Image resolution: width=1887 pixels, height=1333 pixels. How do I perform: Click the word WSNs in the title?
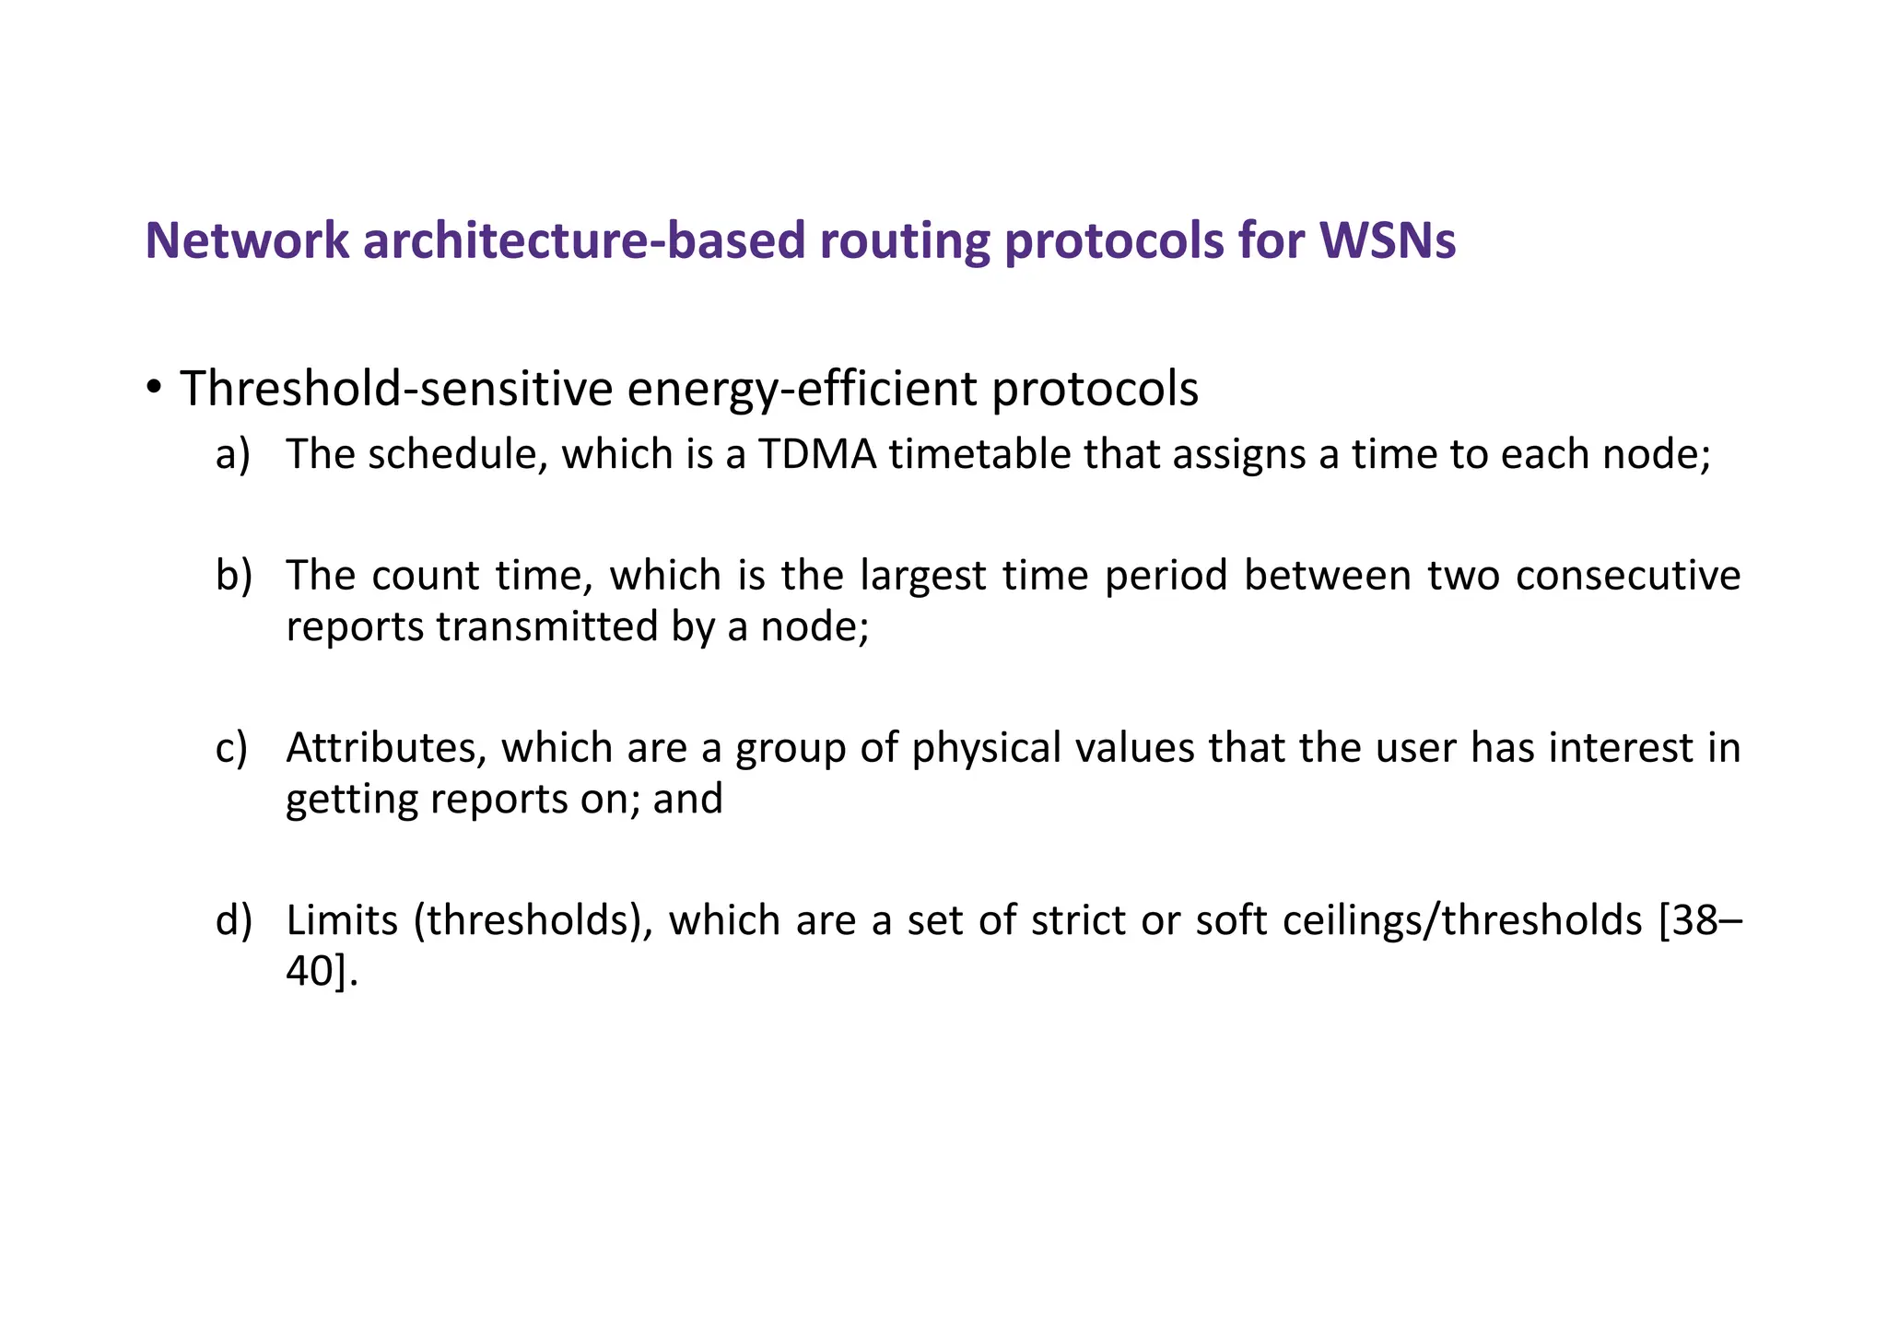click(x=1388, y=240)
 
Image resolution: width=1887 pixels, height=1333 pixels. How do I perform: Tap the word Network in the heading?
click(x=247, y=240)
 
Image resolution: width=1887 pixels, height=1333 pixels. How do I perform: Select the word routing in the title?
click(x=904, y=240)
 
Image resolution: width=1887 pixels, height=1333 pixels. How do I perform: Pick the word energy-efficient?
click(x=802, y=388)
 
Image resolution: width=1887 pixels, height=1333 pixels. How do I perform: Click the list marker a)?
click(x=233, y=454)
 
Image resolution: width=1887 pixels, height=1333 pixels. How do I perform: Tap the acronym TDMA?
click(x=817, y=454)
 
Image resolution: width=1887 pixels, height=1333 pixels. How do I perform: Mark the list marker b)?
click(x=233, y=576)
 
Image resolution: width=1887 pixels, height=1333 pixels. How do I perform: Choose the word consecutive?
click(x=1628, y=576)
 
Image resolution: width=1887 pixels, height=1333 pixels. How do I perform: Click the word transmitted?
click(x=545, y=626)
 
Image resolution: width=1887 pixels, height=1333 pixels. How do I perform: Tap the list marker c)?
click(x=232, y=747)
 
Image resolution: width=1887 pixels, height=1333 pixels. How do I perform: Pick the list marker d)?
click(x=233, y=920)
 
